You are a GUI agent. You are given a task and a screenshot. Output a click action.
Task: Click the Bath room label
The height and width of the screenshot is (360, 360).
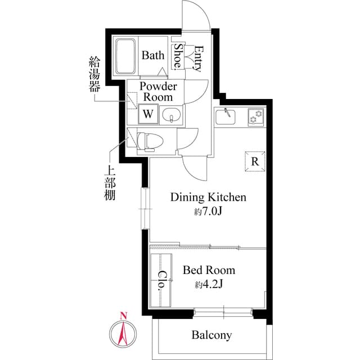tap(153, 56)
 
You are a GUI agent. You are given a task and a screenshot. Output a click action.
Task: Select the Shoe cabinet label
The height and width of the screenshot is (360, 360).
tap(178, 56)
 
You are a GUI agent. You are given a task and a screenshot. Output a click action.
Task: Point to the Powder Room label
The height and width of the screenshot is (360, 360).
tap(158, 91)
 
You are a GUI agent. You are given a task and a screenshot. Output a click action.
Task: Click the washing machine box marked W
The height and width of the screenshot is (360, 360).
tap(148, 114)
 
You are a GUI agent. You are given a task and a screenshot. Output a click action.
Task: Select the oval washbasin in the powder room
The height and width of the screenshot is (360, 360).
tap(171, 115)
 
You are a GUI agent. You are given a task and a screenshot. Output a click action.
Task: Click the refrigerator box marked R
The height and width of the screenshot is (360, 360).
tap(254, 162)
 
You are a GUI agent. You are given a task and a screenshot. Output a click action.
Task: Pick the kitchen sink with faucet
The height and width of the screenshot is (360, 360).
tap(228, 117)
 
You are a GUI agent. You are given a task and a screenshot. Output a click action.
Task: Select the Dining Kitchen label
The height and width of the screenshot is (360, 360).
tap(208, 197)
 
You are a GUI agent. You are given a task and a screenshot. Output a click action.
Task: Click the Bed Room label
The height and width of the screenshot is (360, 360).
tap(209, 270)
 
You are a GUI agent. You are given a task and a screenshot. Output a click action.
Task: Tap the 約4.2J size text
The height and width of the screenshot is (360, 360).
tap(209, 284)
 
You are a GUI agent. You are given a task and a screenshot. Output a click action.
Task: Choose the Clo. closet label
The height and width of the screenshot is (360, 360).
tap(161, 280)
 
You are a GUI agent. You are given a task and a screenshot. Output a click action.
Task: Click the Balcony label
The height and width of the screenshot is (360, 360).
tap(211, 335)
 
